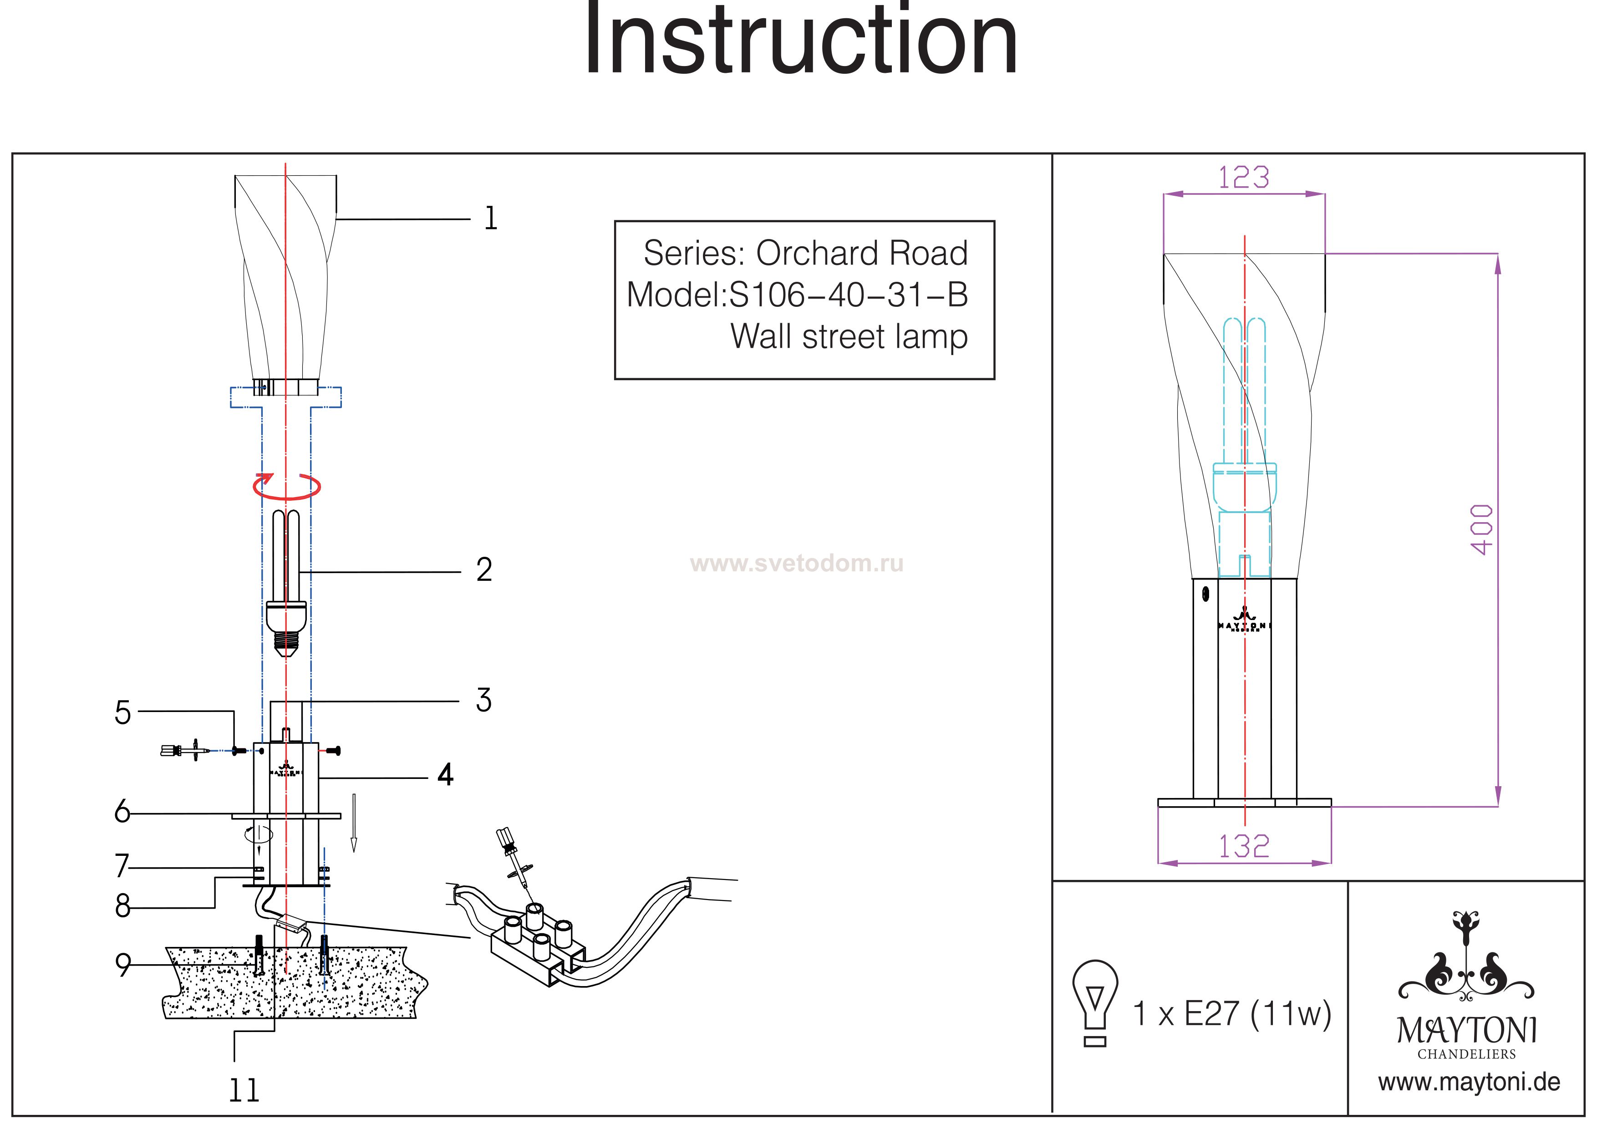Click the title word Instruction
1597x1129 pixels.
[x=800, y=42]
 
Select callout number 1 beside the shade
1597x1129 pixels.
[x=490, y=219]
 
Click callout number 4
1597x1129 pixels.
[x=446, y=774]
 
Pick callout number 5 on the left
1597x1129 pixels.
[x=122, y=713]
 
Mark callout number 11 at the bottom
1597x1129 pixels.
[x=244, y=1091]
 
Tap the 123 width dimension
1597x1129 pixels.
[x=1244, y=178]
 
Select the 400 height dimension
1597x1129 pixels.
[x=1481, y=529]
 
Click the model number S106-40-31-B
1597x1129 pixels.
[x=848, y=295]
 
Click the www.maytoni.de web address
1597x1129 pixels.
[x=1469, y=1083]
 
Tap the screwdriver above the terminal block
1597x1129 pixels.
[x=515, y=863]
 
